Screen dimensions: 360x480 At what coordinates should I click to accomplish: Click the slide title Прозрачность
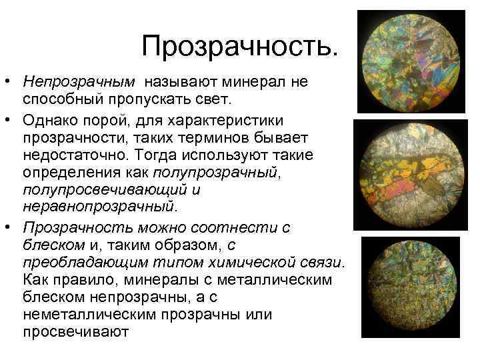pyautogui.click(x=240, y=46)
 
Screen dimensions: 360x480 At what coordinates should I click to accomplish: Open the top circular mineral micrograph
pyautogui.click(x=411, y=62)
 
